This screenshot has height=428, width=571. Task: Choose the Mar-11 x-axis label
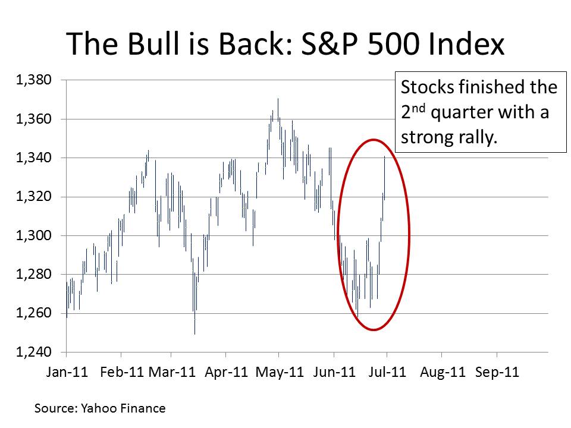(172, 373)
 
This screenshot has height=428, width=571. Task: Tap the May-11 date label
(280, 373)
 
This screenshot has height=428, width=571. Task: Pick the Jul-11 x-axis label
(387, 373)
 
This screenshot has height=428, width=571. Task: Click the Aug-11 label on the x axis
(442, 373)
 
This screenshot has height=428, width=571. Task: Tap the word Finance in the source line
(143, 408)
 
